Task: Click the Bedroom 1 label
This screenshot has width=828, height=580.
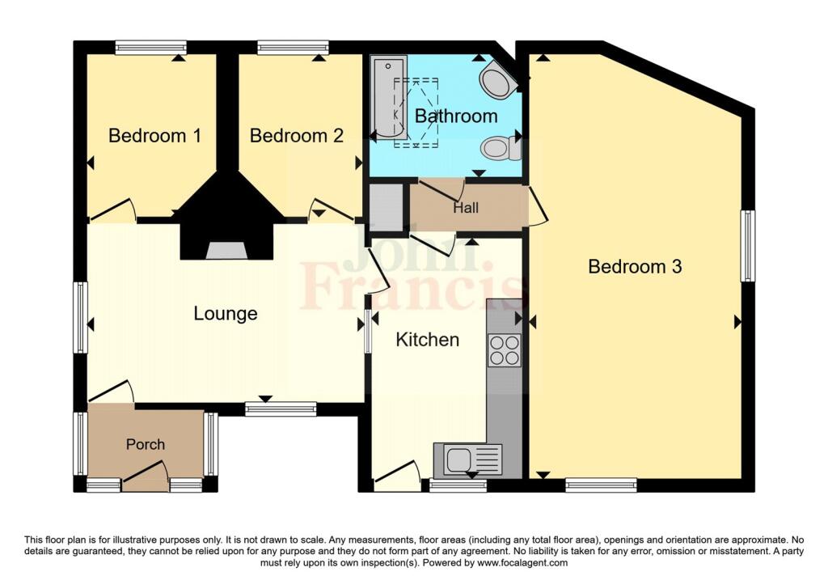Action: pos(154,136)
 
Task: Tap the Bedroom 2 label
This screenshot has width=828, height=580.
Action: pos(296,136)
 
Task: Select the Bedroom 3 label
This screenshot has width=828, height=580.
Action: pos(635,266)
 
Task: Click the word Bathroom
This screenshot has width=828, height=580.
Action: pos(456,116)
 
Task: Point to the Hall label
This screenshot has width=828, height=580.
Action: pos(466,208)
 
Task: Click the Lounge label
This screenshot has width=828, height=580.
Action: pos(225,314)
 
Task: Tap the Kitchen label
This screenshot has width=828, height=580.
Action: pos(427,340)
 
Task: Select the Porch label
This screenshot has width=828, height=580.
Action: pos(146,444)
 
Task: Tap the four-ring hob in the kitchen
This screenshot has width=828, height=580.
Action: pos(504,349)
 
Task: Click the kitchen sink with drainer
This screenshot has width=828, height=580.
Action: pos(467,460)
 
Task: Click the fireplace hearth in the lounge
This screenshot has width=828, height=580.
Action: pos(224,251)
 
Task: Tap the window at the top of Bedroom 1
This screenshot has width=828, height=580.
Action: pos(151,47)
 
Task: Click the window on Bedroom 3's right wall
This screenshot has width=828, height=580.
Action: pos(748,246)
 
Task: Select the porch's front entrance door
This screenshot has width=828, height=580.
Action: pos(146,477)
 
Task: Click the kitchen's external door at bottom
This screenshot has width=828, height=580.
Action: pos(397,477)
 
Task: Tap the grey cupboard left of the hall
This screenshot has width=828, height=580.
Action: pos(385,208)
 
